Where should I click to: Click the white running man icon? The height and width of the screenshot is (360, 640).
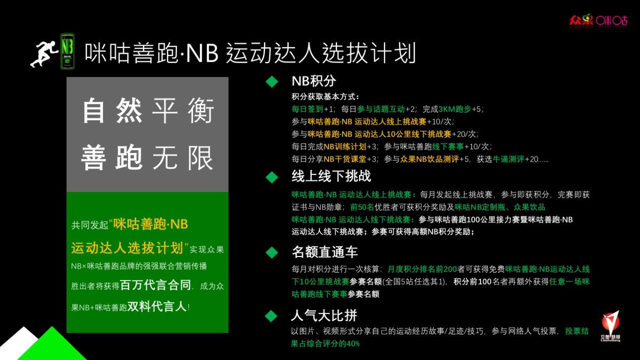(43, 53)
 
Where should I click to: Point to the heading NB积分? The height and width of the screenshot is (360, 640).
(314, 81)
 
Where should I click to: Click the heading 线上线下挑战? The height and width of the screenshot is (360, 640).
(331, 176)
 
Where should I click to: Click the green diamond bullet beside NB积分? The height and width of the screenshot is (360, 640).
(272, 82)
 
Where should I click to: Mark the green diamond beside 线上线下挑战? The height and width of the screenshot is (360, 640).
(272, 177)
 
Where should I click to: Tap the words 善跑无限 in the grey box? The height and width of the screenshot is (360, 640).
(148, 158)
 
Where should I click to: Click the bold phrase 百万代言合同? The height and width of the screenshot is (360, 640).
(155, 285)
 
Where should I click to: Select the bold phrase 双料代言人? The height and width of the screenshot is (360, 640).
(157, 307)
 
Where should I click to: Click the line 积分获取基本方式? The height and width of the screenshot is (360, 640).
(325, 97)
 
